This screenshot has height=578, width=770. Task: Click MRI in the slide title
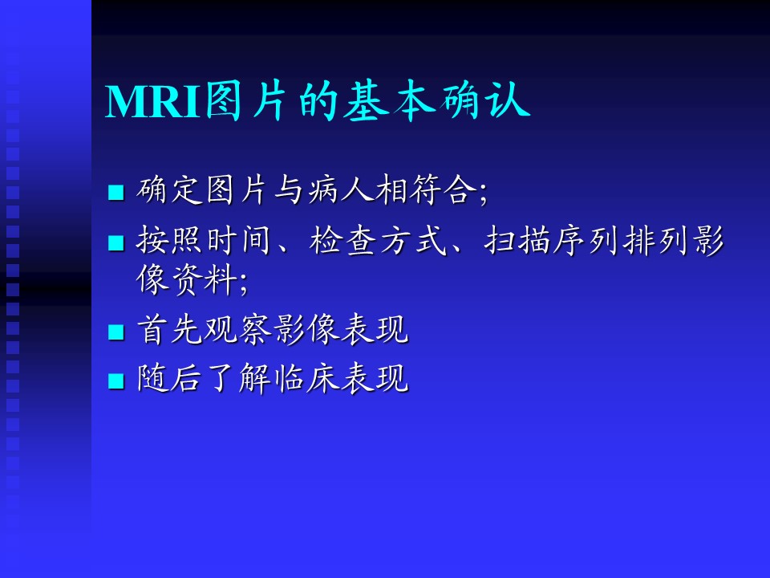point(153,102)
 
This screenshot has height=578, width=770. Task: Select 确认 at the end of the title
point(484,101)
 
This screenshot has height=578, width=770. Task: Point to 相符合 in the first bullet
point(427,189)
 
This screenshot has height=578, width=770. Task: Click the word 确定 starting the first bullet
point(169,189)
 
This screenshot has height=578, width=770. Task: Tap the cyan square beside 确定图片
point(115,192)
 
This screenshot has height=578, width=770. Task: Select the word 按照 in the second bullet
point(169,240)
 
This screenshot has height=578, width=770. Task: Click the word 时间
point(239,240)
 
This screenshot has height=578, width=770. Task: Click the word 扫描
point(517,240)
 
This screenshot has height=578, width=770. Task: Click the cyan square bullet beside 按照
point(115,242)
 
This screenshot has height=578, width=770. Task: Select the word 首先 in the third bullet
point(169,329)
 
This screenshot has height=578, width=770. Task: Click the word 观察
point(239,329)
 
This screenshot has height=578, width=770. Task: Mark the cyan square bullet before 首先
point(115,332)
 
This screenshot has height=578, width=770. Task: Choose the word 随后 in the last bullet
point(169,378)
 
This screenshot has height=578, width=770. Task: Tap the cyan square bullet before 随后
point(115,381)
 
